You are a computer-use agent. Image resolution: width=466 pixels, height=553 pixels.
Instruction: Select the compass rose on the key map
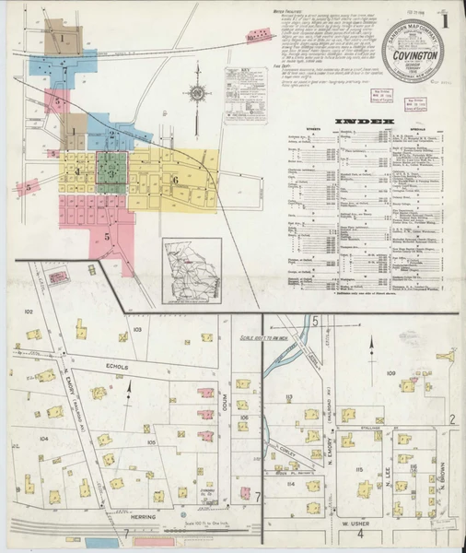pos(195,92)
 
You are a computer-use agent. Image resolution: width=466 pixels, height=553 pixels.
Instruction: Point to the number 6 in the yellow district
pos(174,180)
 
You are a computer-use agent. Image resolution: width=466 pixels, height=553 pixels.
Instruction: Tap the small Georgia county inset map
pos(192,271)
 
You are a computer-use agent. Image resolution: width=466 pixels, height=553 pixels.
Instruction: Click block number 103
pos(135,329)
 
